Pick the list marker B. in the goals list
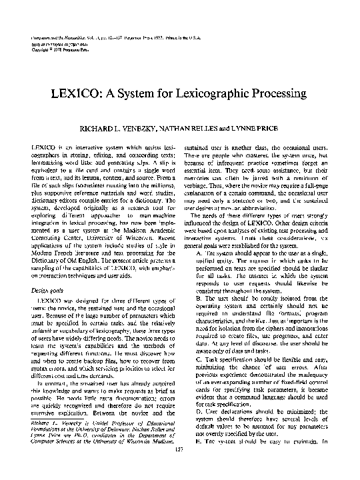(x=199, y=317)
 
